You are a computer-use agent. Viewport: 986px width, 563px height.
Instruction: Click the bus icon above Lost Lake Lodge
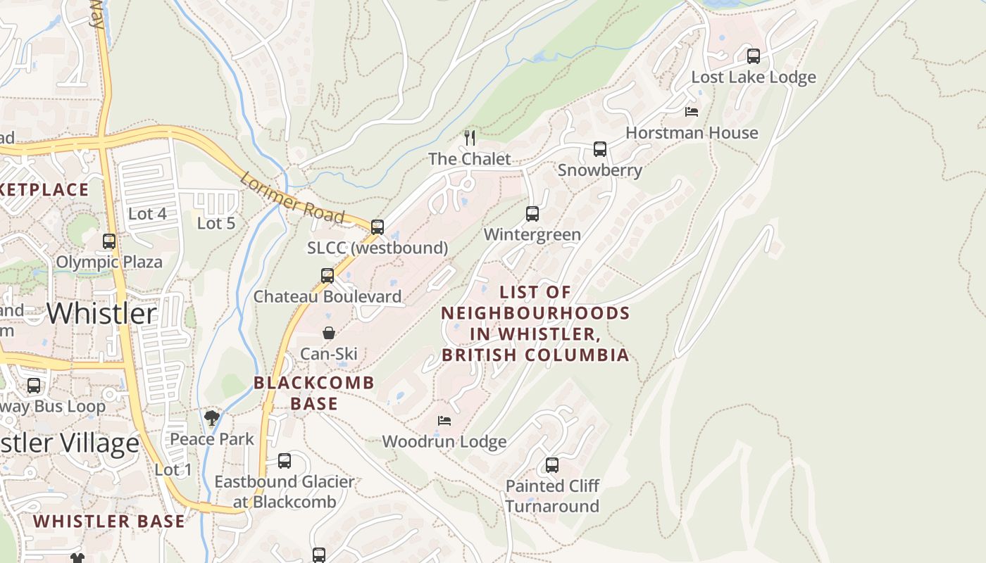point(754,56)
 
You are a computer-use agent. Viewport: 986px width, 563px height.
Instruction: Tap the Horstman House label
point(692,133)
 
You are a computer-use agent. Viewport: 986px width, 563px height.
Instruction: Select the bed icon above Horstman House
point(692,112)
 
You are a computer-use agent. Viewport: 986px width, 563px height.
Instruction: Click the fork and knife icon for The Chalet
point(470,138)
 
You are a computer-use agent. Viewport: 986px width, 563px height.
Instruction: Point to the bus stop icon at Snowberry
point(600,149)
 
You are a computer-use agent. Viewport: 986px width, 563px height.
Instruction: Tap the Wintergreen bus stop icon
point(532,214)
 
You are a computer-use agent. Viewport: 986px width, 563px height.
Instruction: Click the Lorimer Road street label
point(292,197)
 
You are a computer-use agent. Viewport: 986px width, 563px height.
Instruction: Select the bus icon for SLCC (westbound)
point(377,227)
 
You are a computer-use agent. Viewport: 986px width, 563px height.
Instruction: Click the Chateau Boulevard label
point(327,297)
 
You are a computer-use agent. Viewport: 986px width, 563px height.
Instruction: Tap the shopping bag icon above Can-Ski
point(328,333)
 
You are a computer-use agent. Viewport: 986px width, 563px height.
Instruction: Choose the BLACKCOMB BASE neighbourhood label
point(314,393)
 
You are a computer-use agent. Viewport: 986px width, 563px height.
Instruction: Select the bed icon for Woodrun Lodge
point(444,421)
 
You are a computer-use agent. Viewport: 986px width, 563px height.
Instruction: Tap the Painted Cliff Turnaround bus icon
point(552,465)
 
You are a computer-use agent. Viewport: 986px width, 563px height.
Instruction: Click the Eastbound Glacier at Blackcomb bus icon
point(285,461)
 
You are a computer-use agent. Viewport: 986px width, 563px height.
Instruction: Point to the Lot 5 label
point(216,224)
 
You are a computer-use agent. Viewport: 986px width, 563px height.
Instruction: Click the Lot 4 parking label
point(147,214)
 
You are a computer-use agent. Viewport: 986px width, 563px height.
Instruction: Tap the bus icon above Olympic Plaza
point(109,241)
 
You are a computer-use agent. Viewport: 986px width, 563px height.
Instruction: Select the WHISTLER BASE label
point(109,521)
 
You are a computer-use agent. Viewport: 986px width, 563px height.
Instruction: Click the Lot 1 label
point(173,470)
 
